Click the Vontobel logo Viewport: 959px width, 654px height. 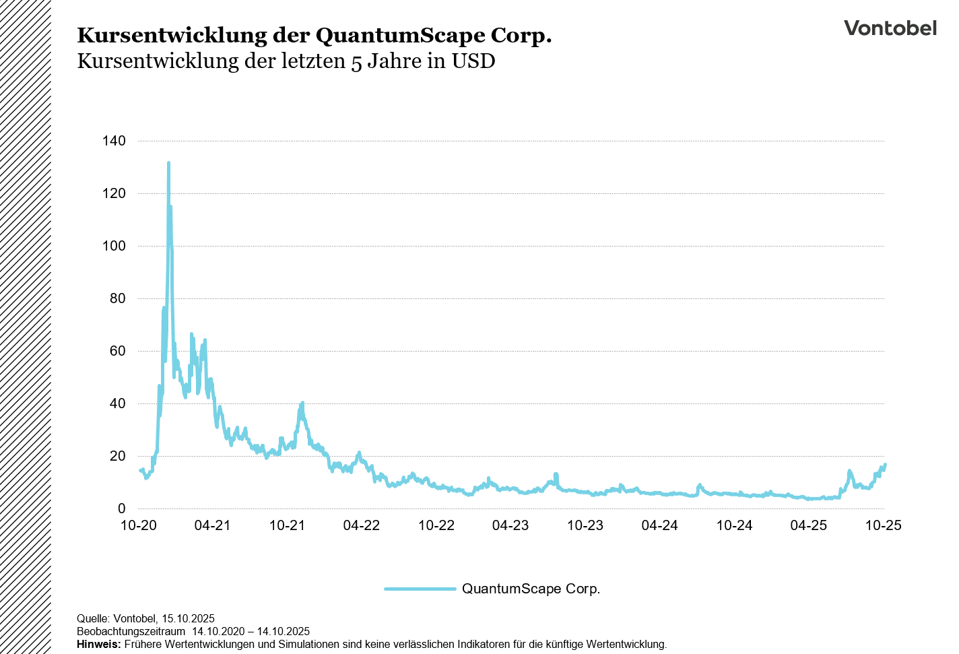[x=890, y=28]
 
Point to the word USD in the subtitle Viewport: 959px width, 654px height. [x=473, y=61]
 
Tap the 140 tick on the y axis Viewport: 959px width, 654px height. [x=114, y=141]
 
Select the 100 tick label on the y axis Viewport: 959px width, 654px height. [x=114, y=246]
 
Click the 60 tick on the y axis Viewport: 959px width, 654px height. [x=117, y=351]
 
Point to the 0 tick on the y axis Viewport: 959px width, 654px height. [x=121, y=509]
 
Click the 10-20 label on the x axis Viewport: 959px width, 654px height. [x=138, y=525]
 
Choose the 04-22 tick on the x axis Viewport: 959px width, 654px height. [x=362, y=525]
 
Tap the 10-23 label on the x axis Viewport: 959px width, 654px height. [x=585, y=525]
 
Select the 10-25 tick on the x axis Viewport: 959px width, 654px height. [x=883, y=525]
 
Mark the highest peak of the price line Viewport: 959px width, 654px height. [x=168, y=163]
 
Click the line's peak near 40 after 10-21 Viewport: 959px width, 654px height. [x=302, y=403]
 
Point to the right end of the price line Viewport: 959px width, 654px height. [x=885, y=464]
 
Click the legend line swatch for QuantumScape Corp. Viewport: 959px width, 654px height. [x=420, y=589]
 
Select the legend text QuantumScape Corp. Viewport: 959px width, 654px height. [x=531, y=589]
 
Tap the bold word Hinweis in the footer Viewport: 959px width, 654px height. [x=98, y=644]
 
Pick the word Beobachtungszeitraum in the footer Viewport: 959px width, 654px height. [x=131, y=631]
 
